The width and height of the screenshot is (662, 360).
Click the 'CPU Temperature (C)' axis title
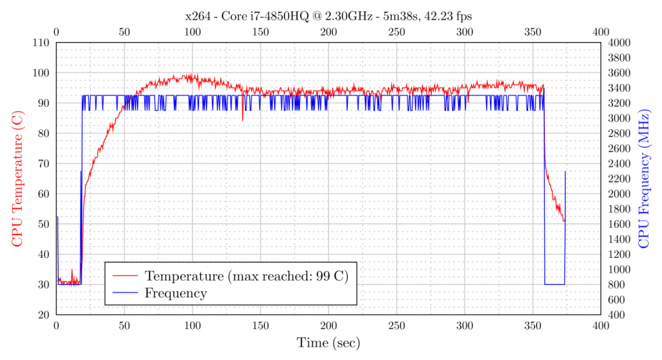(17, 178)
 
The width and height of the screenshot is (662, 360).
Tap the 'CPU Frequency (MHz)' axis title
(644, 178)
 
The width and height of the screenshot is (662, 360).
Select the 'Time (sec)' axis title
(328, 343)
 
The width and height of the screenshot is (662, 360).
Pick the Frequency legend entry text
(176, 293)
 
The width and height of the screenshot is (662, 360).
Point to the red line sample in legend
(127, 276)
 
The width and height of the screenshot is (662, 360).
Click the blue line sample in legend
(127, 293)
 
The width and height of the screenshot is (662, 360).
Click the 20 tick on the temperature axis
(44, 315)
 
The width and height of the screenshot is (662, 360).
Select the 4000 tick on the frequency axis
(619, 43)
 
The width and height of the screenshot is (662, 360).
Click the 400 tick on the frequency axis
(617, 315)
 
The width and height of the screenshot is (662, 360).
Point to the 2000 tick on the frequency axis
(619, 194)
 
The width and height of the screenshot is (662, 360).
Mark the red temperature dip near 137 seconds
(242, 119)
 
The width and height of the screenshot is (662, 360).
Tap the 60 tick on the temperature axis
(44, 194)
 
